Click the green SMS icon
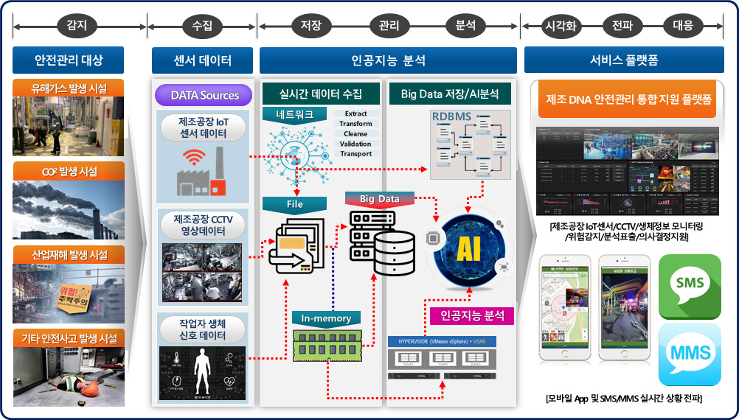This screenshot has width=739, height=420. pyautogui.click(x=689, y=283)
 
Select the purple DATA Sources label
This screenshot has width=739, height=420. pyautogui.click(x=204, y=95)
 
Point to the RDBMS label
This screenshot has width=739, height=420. pyautogui.click(x=452, y=116)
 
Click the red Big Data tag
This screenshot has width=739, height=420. pyautogui.click(x=379, y=199)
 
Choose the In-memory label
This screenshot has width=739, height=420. pyautogui.click(x=326, y=318)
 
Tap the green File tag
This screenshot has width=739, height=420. pyautogui.click(x=295, y=203)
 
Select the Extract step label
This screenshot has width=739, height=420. pyautogui.click(x=356, y=114)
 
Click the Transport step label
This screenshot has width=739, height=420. pyautogui.click(x=356, y=154)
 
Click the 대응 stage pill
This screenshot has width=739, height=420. pyautogui.click(x=682, y=27)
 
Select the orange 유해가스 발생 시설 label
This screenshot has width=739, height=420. pyautogui.click(x=69, y=88)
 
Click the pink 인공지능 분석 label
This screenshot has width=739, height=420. pyautogui.click(x=472, y=316)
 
